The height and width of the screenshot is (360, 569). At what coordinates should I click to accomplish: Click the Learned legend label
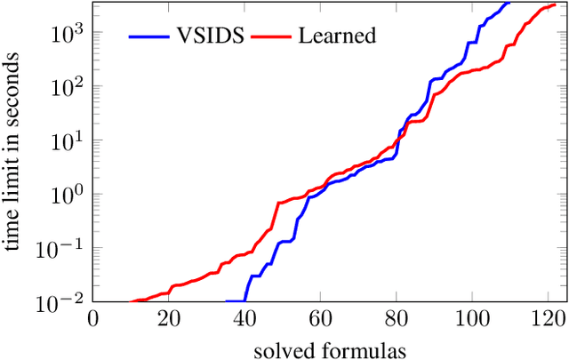click(x=338, y=36)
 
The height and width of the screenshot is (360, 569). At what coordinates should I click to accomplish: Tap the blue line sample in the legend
click(x=148, y=36)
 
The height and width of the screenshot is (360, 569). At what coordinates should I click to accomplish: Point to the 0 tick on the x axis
click(x=92, y=318)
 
